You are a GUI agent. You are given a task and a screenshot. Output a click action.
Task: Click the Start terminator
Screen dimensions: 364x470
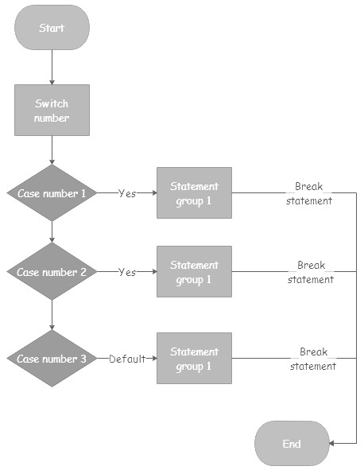52,27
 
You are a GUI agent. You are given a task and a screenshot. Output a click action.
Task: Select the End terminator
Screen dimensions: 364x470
292,443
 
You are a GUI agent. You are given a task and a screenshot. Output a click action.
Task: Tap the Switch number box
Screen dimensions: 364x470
52,110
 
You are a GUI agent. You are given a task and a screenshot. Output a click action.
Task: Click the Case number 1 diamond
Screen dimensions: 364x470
52,192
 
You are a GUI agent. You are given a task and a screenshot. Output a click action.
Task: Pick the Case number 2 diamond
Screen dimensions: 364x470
52,271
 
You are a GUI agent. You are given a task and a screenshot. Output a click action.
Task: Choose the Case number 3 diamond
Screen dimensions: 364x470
52,359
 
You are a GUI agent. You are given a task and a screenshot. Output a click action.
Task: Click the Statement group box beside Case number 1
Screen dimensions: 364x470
194,192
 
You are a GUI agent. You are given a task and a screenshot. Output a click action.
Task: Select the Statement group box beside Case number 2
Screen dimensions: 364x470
194,271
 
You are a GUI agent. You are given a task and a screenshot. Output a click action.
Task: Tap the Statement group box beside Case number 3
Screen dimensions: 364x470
194,358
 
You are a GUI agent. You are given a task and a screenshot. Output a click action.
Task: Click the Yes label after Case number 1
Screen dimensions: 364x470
127,193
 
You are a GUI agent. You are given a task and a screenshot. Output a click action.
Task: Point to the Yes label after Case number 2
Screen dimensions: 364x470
127,272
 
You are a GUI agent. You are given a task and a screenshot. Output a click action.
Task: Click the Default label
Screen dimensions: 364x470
127,359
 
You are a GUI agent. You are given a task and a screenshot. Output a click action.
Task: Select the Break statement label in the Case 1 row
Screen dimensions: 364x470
309,193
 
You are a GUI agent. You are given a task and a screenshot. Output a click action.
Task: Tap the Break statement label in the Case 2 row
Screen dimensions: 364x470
311,272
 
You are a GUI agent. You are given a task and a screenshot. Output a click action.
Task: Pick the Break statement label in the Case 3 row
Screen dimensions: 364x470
313,359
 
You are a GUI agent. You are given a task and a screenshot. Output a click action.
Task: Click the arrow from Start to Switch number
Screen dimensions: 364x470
52,68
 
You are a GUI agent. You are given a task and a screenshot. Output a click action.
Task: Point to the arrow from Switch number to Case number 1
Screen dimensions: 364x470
52,150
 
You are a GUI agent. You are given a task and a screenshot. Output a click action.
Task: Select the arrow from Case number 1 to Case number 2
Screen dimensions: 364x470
52,232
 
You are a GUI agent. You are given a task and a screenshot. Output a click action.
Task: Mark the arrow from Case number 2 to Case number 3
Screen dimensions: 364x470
52,315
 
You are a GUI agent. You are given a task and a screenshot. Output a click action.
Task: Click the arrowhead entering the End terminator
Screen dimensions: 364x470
331,443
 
